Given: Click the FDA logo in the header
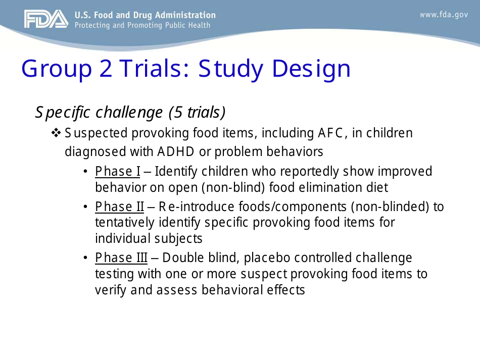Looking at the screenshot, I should (45, 20).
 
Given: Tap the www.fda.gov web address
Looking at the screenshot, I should (444, 15).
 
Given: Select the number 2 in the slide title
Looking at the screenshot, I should (106, 69).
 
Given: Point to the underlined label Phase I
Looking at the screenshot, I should (118, 172).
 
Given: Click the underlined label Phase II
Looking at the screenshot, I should (120, 207).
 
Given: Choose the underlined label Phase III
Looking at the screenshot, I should (121, 258).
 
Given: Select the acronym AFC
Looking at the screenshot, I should (333, 133).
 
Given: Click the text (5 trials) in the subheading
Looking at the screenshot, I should (197, 112).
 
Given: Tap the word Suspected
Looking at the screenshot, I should (96, 133).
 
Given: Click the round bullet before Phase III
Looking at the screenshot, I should (86, 258).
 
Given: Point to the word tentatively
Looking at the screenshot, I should (125, 223).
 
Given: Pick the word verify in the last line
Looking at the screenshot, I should (109, 290).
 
